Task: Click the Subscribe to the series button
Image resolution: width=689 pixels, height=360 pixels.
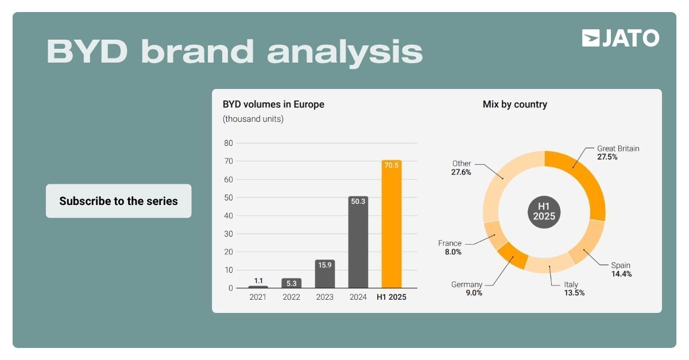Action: coord(118,201)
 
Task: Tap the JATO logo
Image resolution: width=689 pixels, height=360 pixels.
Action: coord(620,38)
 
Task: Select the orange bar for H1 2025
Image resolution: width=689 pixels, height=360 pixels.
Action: coord(392,224)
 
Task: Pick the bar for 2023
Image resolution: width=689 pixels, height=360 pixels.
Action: coord(325,274)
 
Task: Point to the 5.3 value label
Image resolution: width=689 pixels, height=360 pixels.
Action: coord(292,283)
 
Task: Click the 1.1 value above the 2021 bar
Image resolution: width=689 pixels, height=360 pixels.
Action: coord(258,281)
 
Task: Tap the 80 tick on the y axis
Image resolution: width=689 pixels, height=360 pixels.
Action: coord(229,143)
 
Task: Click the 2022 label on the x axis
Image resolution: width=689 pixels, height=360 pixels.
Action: coord(292,297)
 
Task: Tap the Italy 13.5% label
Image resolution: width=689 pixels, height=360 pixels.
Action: coord(571,289)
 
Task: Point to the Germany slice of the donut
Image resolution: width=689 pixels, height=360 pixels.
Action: coord(513,255)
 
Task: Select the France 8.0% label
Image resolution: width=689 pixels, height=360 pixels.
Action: coord(450,247)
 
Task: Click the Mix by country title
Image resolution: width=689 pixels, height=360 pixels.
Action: coord(514,104)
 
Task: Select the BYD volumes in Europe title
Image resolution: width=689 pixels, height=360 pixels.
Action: coord(273,104)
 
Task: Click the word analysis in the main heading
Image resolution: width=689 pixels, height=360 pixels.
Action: coord(344,52)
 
